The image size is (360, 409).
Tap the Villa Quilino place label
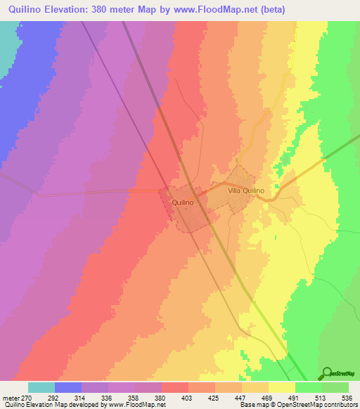tap(246, 190)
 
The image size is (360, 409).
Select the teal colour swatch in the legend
tap(41, 387)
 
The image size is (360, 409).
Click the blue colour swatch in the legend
tap(68, 387)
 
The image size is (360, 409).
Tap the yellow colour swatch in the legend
tap(281, 387)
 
